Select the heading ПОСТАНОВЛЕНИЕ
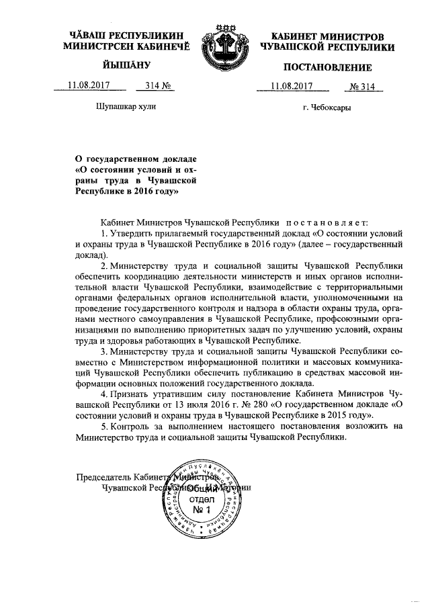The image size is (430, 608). [x=327, y=67]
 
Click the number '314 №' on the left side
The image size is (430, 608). [x=149, y=85]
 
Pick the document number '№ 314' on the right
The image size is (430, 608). [x=361, y=86]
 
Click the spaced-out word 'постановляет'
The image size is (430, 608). [x=325, y=221]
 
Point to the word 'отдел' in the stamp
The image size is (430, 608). [x=202, y=500]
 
